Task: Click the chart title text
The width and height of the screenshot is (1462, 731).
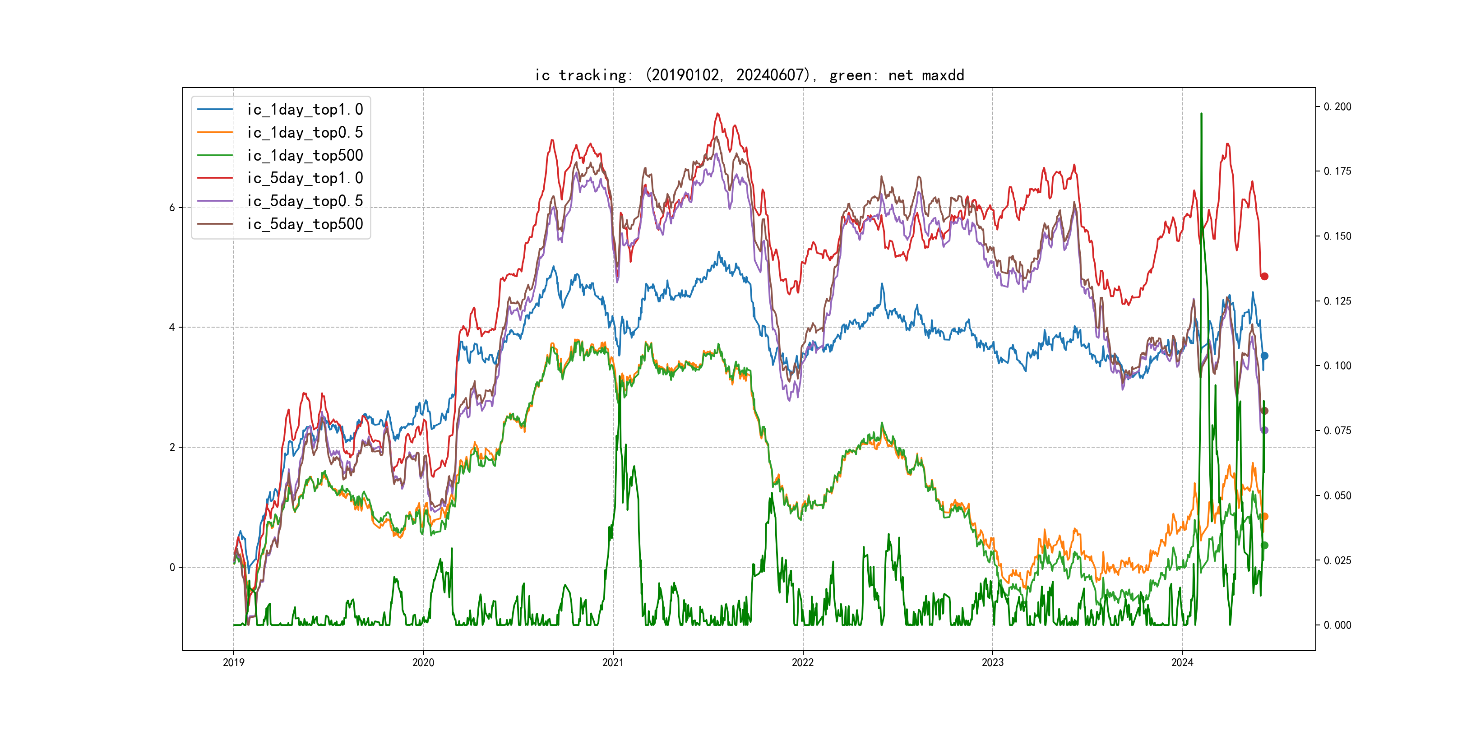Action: click(749, 75)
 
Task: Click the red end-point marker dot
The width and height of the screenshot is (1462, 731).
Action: click(1264, 277)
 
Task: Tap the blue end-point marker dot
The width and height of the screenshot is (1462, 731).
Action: click(1264, 356)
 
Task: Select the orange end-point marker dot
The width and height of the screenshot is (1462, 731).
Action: click(1264, 517)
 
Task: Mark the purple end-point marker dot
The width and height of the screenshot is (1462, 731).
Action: click(1264, 430)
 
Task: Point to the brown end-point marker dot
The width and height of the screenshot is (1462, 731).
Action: click(1264, 411)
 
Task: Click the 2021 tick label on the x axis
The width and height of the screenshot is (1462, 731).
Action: click(613, 662)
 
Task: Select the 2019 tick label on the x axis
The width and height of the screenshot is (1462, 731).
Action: click(233, 662)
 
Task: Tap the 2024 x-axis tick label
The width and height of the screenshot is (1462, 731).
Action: click(1182, 662)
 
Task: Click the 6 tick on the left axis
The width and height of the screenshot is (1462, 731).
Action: click(172, 208)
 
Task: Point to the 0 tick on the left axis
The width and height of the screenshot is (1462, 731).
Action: click(172, 567)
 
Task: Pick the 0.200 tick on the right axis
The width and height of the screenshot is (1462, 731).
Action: click(1338, 106)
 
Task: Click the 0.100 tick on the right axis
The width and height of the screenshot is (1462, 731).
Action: click(1338, 365)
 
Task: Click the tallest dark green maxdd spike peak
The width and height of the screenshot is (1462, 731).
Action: click(1201, 114)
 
